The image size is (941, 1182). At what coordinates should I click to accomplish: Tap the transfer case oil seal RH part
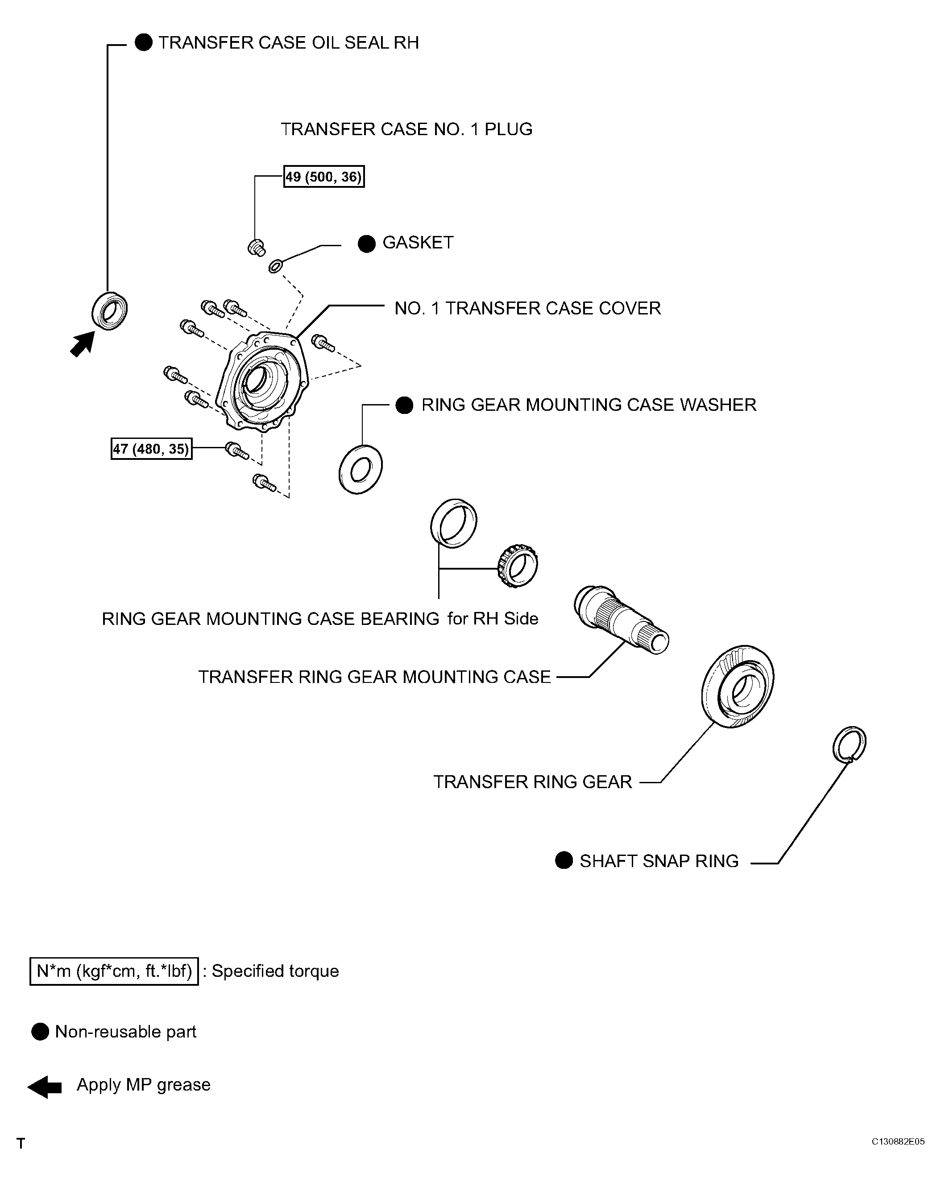click(110, 311)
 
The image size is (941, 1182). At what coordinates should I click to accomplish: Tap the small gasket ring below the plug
click(275, 266)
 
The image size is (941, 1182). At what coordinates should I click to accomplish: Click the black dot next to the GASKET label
click(366, 244)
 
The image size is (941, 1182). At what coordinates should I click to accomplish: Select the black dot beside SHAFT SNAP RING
click(564, 860)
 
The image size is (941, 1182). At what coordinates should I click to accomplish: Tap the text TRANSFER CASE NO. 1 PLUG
click(406, 129)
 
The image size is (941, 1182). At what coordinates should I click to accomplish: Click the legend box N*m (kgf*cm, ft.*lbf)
click(114, 971)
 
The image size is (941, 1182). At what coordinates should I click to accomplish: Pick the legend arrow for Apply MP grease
click(45, 1087)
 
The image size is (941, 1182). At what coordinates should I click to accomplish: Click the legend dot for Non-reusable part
click(40, 1032)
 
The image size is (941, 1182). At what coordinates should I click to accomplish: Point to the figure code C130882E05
click(898, 1141)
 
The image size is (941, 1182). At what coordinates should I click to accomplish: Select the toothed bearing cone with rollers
click(518, 566)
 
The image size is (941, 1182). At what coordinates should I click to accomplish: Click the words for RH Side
click(493, 618)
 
